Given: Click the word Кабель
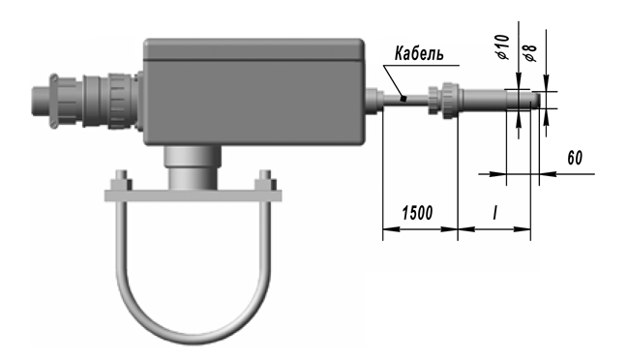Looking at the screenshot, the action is point(419,53).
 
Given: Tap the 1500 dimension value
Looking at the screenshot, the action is point(417,213).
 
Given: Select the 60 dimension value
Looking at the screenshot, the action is point(575,158).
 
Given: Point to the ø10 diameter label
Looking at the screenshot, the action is point(503,46).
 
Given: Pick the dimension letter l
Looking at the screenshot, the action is point(495,213).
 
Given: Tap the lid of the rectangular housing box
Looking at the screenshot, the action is point(254,49).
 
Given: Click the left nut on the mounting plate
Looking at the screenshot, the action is point(121,182).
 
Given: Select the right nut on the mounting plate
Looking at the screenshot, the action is point(265,181).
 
